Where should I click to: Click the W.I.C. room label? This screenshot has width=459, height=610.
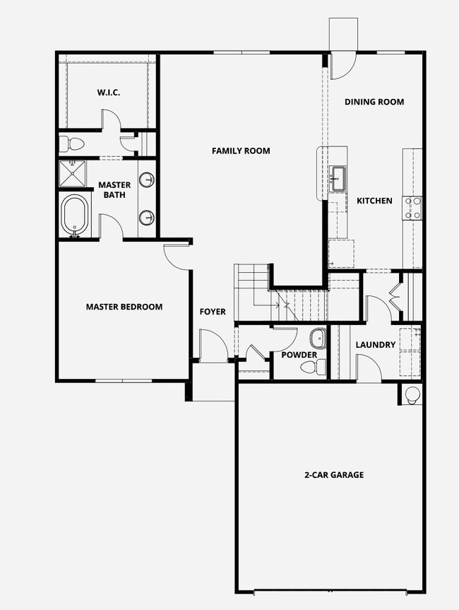click(x=109, y=93)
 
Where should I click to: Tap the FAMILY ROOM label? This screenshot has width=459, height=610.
click(x=241, y=151)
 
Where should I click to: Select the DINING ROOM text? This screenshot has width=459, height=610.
click(x=374, y=102)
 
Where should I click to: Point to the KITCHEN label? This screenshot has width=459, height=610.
click(x=374, y=201)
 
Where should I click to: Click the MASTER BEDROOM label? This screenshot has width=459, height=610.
click(x=124, y=307)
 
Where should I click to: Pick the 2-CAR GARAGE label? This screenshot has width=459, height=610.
click(x=334, y=474)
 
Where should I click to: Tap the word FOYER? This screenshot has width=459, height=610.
click(x=213, y=312)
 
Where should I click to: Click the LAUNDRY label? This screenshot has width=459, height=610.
click(x=376, y=345)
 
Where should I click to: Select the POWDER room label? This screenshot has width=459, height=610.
click(x=299, y=355)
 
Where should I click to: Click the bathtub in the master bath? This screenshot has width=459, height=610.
click(x=76, y=215)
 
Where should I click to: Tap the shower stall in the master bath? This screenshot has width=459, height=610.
click(x=73, y=174)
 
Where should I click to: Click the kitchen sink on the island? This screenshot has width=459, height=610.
click(x=338, y=179)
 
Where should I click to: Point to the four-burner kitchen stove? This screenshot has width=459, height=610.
click(x=413, y=208)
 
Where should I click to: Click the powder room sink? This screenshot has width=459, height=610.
click(x=318, y=338)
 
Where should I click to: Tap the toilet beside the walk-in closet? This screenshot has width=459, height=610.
click(x=72, y=144)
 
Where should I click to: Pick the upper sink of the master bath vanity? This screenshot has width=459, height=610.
click(x=148, y=180)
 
